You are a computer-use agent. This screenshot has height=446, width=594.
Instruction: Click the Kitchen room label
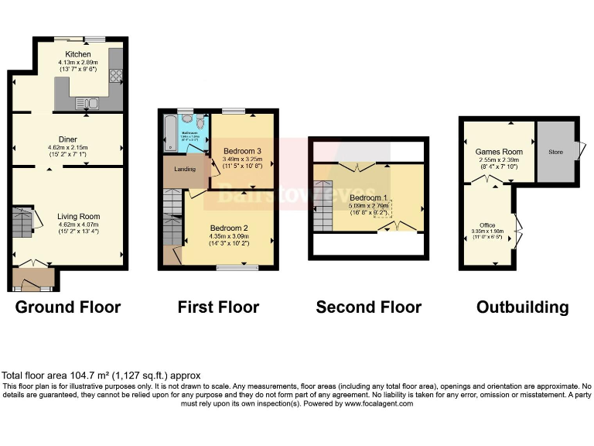(x=77, y=54)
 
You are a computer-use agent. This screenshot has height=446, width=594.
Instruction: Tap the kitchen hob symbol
(x=116, y=76)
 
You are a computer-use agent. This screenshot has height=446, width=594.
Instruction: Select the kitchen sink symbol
(x=87, y=102)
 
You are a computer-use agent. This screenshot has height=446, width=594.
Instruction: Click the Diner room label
(x=69, y=139)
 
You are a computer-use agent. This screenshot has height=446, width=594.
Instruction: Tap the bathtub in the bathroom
(x=169, y=134)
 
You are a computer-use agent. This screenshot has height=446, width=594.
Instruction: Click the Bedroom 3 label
(x=241, y=150)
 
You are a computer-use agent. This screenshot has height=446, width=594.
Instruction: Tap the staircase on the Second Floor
(x=323, y=205)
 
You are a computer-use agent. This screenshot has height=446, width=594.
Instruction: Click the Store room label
(x=555, y=153)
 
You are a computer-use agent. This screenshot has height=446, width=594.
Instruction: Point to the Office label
(x=486, y=225)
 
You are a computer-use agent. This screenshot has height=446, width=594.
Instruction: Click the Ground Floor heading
(x=68, y=307)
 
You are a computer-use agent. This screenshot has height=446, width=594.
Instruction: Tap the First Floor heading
(x=218, y=307)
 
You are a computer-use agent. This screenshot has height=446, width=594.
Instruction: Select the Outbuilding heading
(x=522, y=307)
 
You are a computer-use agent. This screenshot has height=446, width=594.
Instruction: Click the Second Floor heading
(x=368, y=307)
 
